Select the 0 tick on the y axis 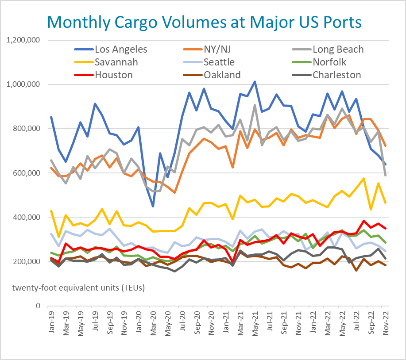pyautogui.click(x=39, y=306)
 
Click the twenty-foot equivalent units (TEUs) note pyautogui.click(x=78, y=288)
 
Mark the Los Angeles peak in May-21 pyautogui.click(x=255, y=82)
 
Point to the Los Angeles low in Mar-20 pyautogui.click(x=153, y=206)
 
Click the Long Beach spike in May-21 pyautogui.click(x=255, y=105)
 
